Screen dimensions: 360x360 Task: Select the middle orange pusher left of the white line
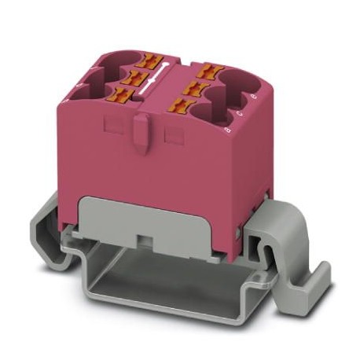point(134,77)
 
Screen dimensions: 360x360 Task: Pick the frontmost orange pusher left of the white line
point(119,95)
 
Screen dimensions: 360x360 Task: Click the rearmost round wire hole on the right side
point(239,79)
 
